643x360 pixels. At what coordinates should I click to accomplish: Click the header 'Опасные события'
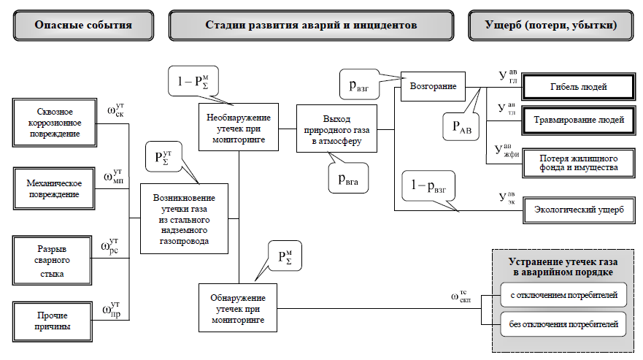click(83, 25)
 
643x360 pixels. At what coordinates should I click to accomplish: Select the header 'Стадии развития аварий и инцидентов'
click(311, 25)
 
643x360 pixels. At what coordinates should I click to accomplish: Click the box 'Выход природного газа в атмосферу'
click(336, 129)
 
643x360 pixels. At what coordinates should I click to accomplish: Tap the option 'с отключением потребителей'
click(563, 296)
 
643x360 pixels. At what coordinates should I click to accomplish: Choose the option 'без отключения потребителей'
click(563, 323)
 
